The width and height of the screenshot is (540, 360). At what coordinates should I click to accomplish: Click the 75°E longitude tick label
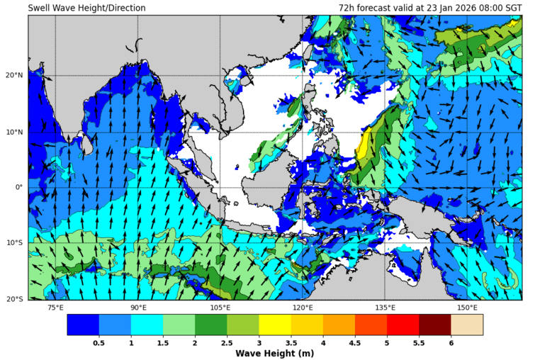[x=55, y=308]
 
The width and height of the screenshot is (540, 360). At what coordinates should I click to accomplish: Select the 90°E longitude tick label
[x=138, y=308]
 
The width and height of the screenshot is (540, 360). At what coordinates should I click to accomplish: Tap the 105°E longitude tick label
[x=220, y=308]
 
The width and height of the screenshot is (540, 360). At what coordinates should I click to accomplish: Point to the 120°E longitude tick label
[x=303, y=308]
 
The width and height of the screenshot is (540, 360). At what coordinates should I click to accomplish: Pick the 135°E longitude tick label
[x=385, y=308]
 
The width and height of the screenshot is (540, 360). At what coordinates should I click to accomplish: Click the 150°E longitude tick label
[x=467, y=308]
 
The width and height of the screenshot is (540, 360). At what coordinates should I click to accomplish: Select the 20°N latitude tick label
[x=15, y=76]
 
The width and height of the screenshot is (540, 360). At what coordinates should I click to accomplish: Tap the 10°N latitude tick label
[x=15, y=132]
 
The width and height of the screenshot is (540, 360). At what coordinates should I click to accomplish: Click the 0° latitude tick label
[x=19, y=187]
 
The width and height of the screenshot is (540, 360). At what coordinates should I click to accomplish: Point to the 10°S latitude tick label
[x=15, y=243]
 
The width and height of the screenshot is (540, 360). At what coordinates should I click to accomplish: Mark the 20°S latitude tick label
[x=15, y=299]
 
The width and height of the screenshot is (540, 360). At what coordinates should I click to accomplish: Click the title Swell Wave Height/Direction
[x=86, y=8]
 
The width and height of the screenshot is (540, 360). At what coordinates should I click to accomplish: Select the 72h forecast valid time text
[x=430, y=8]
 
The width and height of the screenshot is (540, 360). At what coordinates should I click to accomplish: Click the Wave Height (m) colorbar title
[x=275, y=354]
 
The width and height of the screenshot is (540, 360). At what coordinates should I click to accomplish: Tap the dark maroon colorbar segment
[x=435, y=325]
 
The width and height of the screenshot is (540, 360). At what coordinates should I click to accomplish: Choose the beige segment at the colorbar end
[x=467, y=325]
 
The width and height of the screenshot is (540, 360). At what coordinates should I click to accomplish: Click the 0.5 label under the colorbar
[x=99, y=343]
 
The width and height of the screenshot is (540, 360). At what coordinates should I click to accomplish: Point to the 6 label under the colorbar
[x=451, y=343]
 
